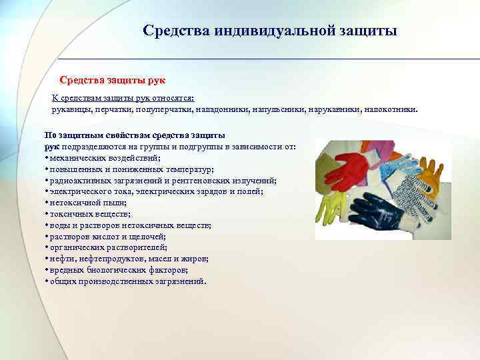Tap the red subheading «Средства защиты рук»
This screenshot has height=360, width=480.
click(x=107, y=80)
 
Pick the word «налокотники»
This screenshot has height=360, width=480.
click(x=390, y=108)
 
